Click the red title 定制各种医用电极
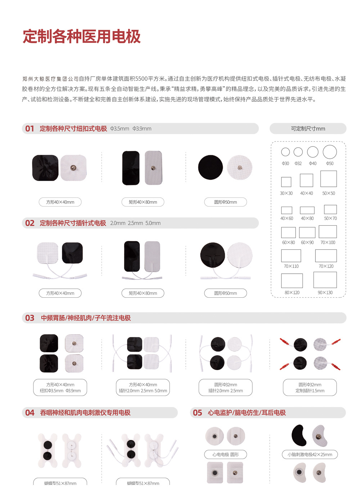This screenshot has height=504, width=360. coord(81,37)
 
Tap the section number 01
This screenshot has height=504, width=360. coord(30,129)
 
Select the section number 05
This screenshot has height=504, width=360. coord(198,413)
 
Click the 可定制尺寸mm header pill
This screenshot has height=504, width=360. coord(308,129)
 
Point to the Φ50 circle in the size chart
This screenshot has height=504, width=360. coord(329,152)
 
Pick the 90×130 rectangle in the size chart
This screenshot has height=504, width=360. coord(325,280)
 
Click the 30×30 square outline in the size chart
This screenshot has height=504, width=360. coord(286,182)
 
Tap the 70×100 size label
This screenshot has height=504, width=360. coord(328,243)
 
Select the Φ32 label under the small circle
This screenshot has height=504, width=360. coord(298,163)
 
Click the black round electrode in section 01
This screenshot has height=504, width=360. coord(210,167)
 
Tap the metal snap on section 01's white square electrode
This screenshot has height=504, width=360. coord(73,168)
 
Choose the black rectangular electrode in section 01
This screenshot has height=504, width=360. coord(131,168)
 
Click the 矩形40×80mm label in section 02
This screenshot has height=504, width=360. coord(143,293)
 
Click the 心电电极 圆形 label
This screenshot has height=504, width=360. coord(225,455)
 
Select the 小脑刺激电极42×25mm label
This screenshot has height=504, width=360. coord(310,455)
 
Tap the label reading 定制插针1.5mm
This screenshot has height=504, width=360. coord(310,391)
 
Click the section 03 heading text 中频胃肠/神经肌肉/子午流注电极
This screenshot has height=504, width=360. coord(86,318)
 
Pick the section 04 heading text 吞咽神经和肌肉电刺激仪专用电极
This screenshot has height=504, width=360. coord(85,413)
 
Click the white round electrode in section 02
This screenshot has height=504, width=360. coord(239,255)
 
